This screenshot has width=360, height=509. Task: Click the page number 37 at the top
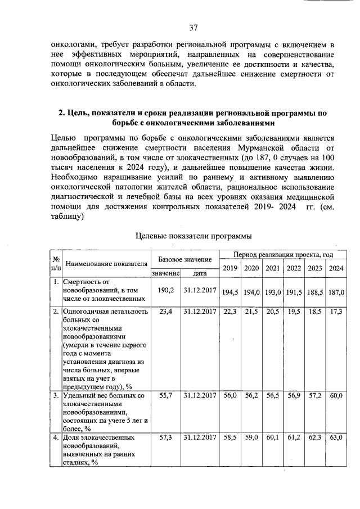pos(193,27)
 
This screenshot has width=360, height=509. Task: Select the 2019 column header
pos(229,268)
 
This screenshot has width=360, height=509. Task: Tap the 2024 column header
pos(336,268)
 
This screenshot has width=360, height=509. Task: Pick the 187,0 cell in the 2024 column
pos(336,293)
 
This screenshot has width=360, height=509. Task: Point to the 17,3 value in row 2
pos(336,311)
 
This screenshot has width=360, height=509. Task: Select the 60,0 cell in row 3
pos(336,396)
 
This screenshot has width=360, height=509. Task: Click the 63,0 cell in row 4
pos(336,437)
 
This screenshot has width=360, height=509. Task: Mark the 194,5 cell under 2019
pos(230,293)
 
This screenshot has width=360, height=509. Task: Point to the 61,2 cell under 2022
pos(294,437)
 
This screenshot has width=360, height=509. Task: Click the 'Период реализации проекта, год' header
pos(280,255)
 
